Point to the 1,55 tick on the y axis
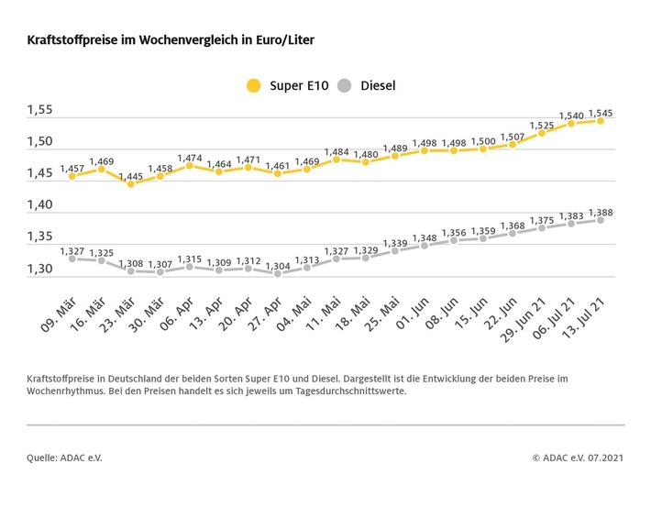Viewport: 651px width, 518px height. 39,110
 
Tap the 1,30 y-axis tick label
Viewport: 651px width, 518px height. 39,270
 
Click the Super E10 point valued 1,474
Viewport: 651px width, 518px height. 189,166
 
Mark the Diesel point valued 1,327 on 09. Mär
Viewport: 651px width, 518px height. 72,259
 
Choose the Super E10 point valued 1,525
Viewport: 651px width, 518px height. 542,133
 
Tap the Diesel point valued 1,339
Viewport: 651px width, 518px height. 395,250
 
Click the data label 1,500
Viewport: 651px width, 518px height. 483,140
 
